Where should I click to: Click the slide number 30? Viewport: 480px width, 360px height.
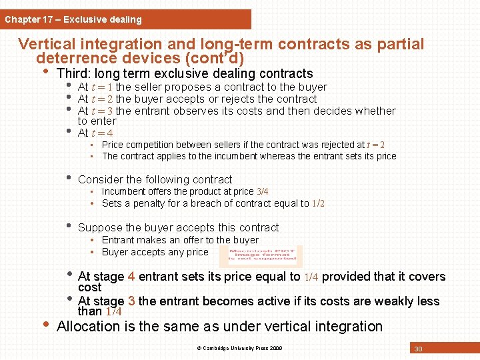coord(419,349)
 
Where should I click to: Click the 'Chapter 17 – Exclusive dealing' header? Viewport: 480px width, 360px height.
coord(73,19)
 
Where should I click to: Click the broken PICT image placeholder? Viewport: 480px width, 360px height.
coord(260,256)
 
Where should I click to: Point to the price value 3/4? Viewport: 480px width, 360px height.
coord(263,191)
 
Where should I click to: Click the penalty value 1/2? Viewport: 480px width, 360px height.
coord(319,203)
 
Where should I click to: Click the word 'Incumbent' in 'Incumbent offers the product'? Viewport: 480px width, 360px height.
coord(125,191)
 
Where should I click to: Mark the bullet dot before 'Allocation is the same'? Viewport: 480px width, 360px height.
coord(45,325)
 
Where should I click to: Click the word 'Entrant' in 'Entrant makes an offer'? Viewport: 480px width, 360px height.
coord(118,240)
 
